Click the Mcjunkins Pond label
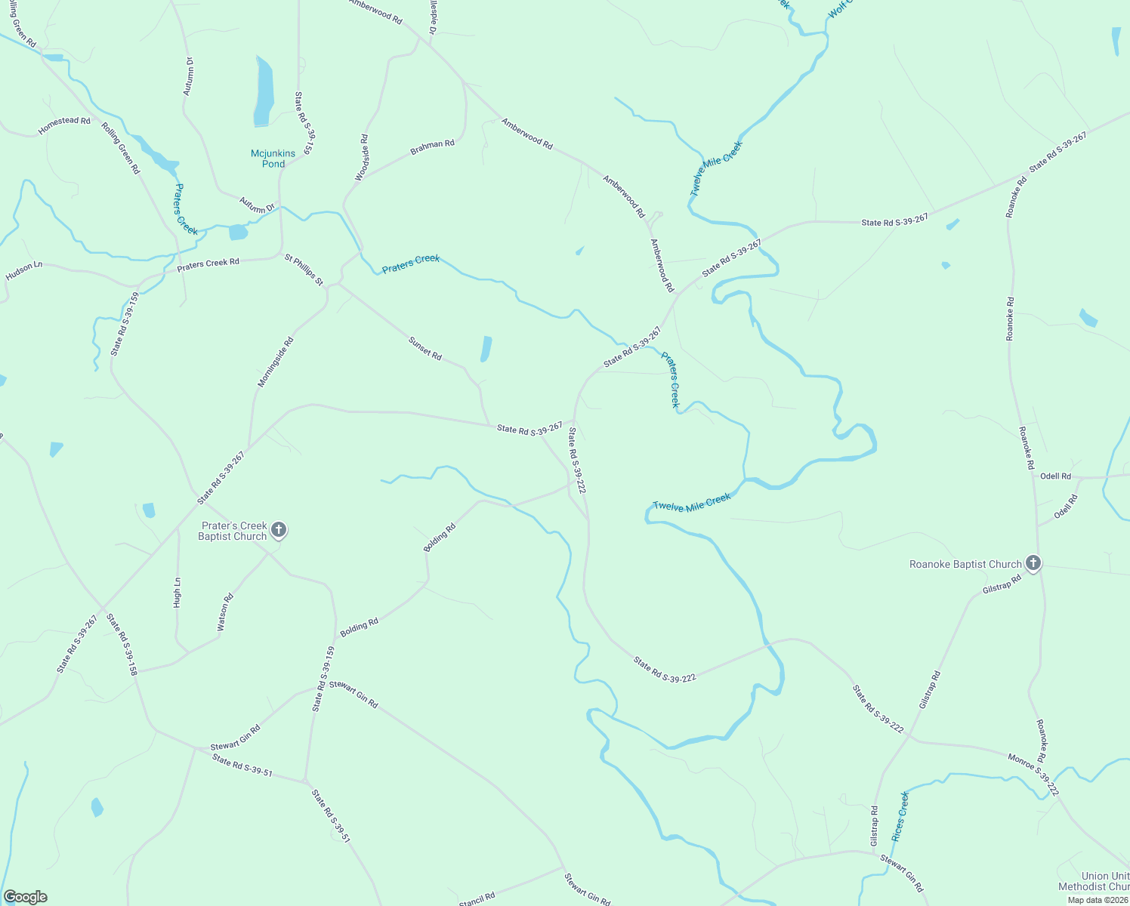[273, 159]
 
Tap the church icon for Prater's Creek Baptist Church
[279, 530]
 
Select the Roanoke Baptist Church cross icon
[1033, 563]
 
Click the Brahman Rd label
[432, 147]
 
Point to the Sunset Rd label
[425, 348]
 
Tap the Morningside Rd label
[275, 362]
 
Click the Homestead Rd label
[64, 126]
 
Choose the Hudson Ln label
[24, 271]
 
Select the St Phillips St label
[304, 270]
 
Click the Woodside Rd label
[362, 158]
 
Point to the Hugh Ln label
[177, 593]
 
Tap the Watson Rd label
[225, 612]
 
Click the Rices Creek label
[900, 816]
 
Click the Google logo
[25, 896]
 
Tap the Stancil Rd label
[477, 898]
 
